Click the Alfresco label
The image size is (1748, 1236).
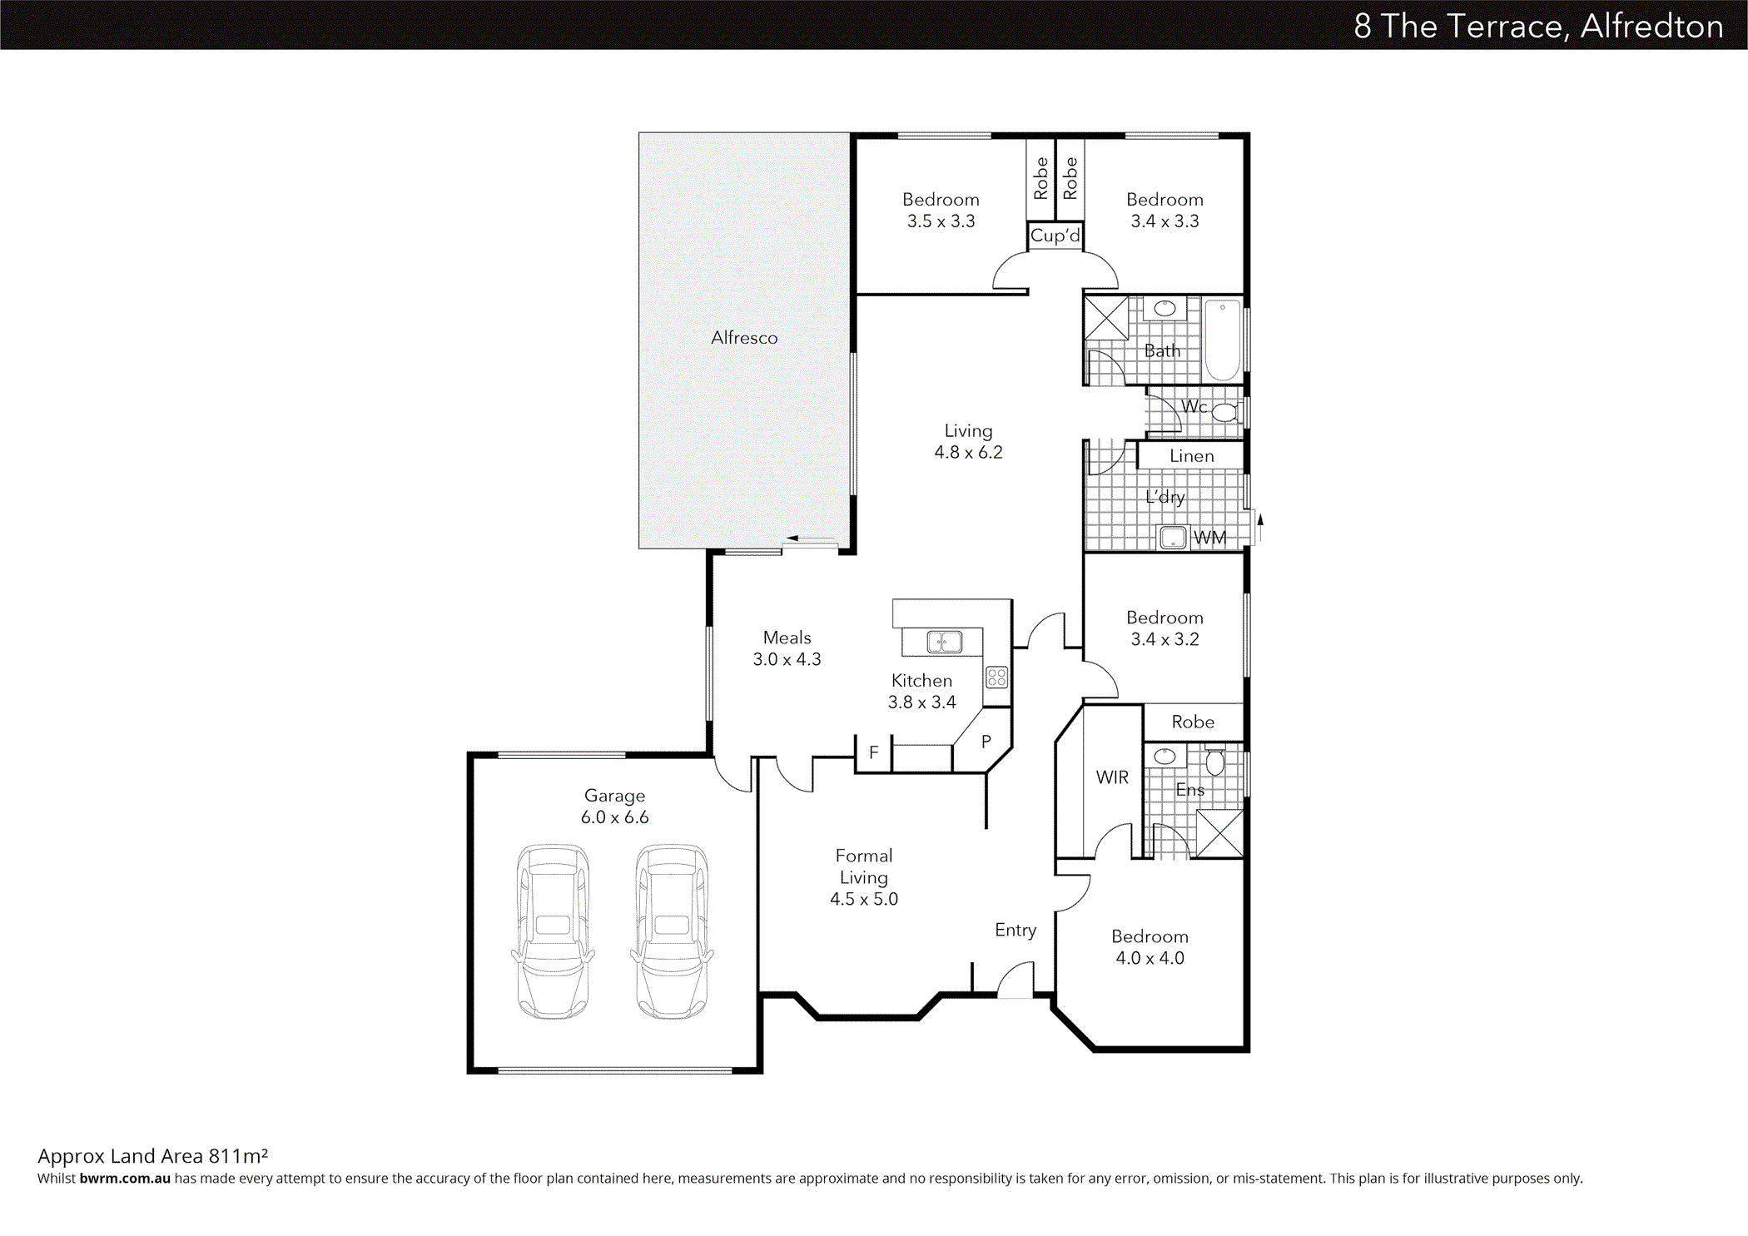pyautogui.click(x=744, y=338)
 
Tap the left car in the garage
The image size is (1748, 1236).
pyautogui.click(x=553, y=931)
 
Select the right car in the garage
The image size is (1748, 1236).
pyautogui.click(x=672, y=931)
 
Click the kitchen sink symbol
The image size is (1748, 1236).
pyautogui.click(x=944, y=642)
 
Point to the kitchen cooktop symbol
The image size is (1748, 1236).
pyautogui.click(x=997, y=677)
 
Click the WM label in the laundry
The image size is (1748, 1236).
pyautogui.click(x=1209, y=538)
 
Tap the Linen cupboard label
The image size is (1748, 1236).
pyautogui.click(x=1191, y=456)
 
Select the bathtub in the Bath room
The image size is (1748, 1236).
pyautogui.click(x=1222, y=340)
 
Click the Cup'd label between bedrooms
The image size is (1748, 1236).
pyautogui.click(x=1055, y=236)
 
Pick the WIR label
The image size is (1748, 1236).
pyautogui.click(x=1112, y=777)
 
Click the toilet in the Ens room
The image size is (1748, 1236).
pyautogui.click(x=1214, y=762)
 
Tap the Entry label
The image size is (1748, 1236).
pyautogui.click(x=1016, y=930)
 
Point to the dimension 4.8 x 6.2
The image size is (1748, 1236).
pyautogui.click(x=968, y=453)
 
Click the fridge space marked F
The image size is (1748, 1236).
pyautogui.click(x=873, y=752)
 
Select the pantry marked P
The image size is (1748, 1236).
pyautogui.click(x=986, y=741)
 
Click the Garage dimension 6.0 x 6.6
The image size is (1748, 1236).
pyautogui.click(x=614, y=817)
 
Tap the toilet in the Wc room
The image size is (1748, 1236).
pyautogui.click(x=1224, y=412)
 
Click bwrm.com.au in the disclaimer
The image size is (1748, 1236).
pyautogui.click(x=125, y=1179)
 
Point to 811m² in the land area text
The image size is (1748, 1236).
pyautogui.click(x=238, y=1156)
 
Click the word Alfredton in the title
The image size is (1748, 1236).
pyautogui.click(x=1651, y=27)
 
